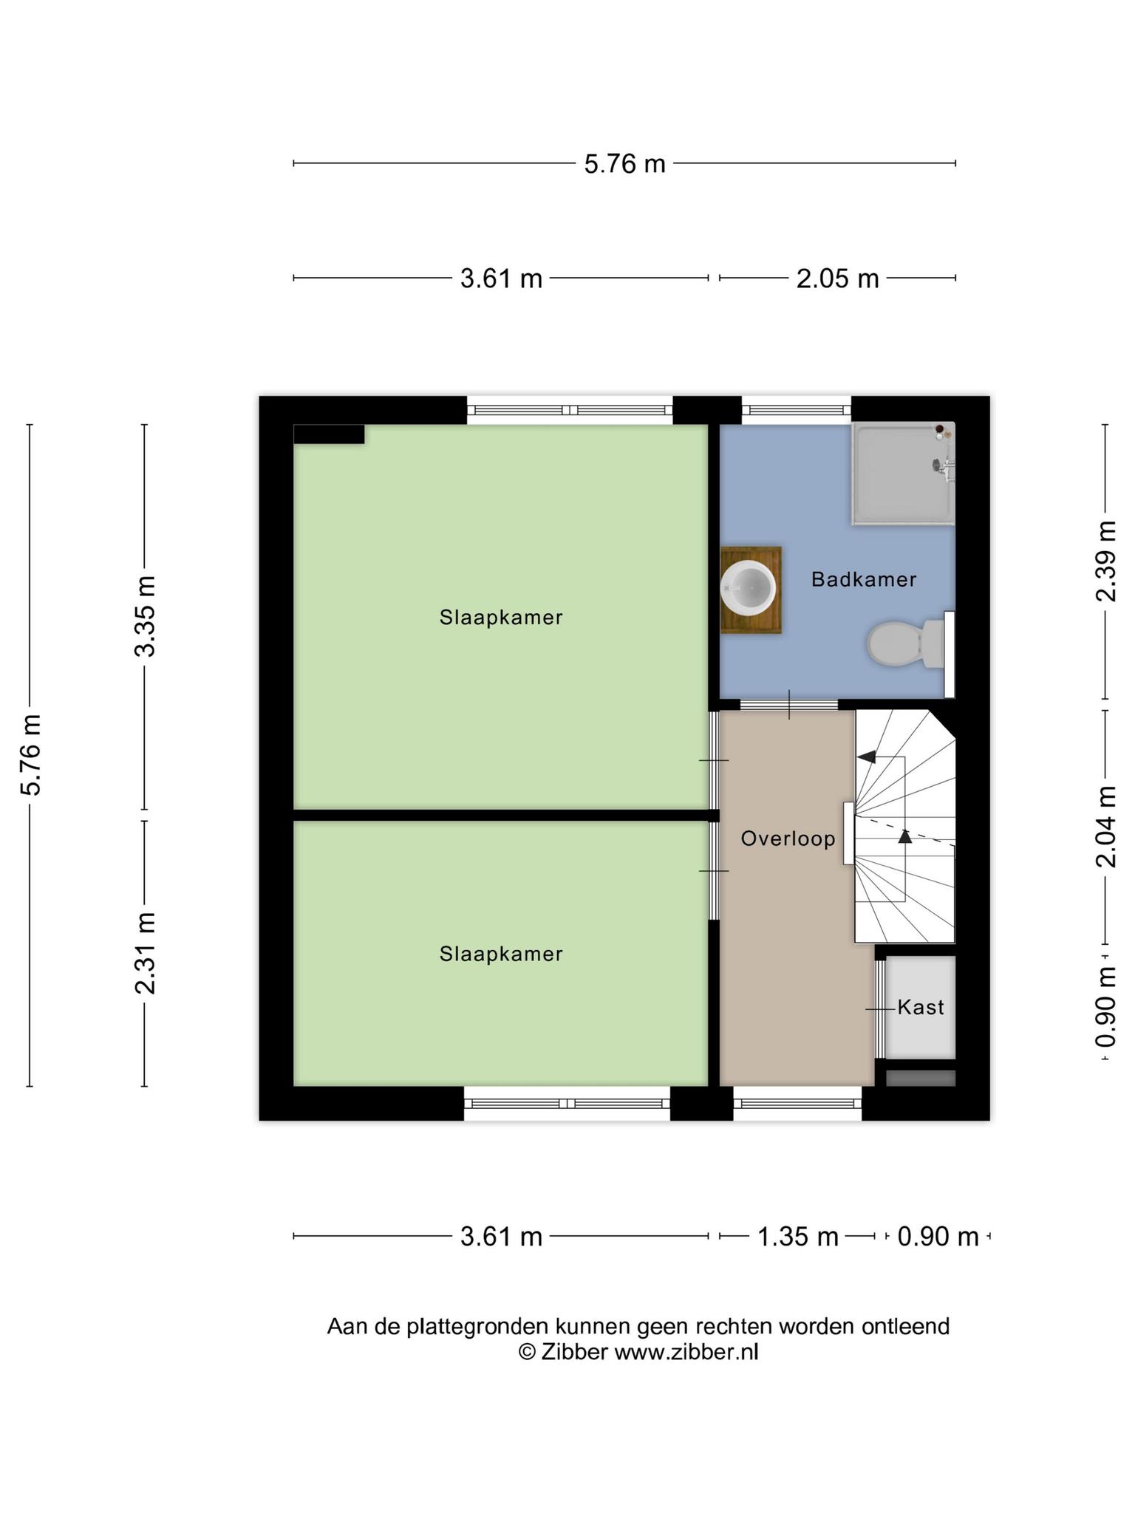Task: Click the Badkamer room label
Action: pyautogui.click(x=864, y=579)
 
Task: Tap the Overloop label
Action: pyautogui.click(x=788, y=839)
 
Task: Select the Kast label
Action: pyautogui.click(x=921, y=1007)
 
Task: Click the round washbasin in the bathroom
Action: pyautogui.click(x=748, y=587)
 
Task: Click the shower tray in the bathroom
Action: pyautogui.click(x=903, y=474)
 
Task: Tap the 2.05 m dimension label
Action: pyautogui.click(x=838, y=279)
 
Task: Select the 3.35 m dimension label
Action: pyautogui.click(x=145, y=616)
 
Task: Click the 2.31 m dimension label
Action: pyautogui.click(x=145, y=953)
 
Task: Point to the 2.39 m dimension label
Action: pyautogui.click(x=1106, y=561)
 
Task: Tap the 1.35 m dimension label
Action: pyautogui.click(x=798, y=1237)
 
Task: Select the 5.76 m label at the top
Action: pyautogui.click(x=625, y=164)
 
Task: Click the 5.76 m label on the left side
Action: pyautogui.click(x=30, y=755)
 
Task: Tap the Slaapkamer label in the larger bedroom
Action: pyautogui.click(x=501, y=618)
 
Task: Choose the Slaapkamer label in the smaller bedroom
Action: pyautogui.click(x=501, y=954)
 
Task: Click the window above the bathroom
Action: pyautogui.click(x=797, y=409)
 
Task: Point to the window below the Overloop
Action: pyautogui.click(x=797, y=1104)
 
